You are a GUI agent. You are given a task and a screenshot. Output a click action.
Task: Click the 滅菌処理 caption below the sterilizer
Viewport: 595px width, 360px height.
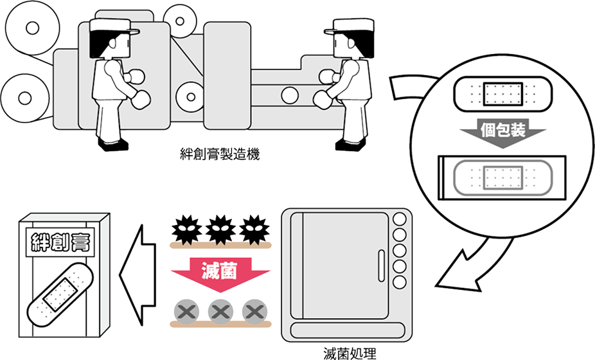point(350,353)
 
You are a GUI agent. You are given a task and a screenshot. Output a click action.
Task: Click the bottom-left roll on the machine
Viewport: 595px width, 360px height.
point(24,98)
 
